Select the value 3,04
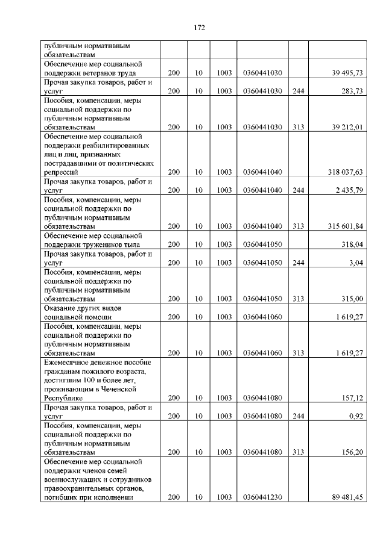[355, 263]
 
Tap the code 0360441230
[263, 497]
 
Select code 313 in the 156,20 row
[298, 452]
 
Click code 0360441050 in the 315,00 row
[263, 299]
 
